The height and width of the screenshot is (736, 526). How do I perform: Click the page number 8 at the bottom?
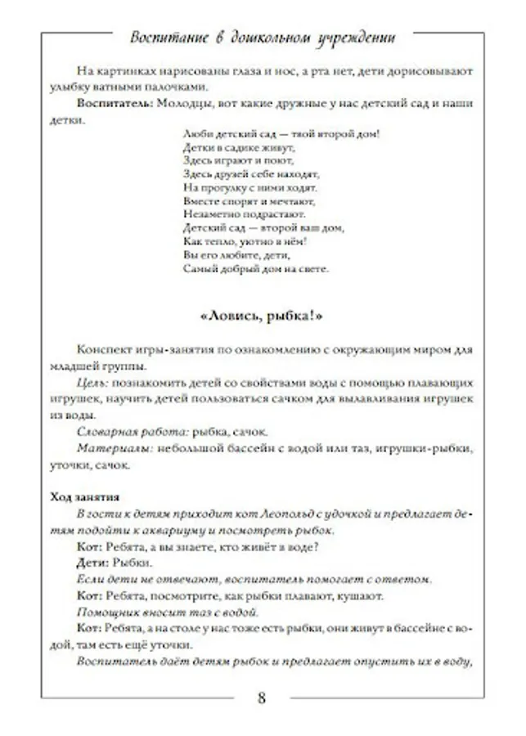point(261,698)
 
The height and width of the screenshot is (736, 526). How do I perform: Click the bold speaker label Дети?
point(92,563)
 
